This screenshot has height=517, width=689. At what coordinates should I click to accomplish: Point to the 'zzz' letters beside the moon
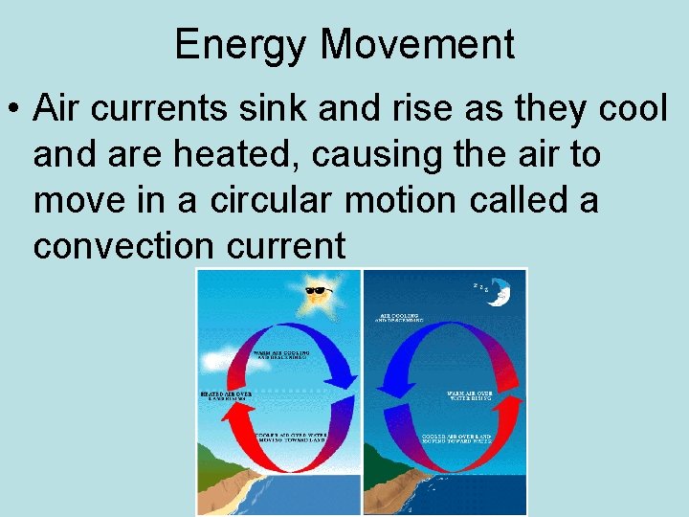483,285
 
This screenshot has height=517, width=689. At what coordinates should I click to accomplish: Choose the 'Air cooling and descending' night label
403,317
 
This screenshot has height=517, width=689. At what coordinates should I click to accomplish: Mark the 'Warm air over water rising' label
470,395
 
